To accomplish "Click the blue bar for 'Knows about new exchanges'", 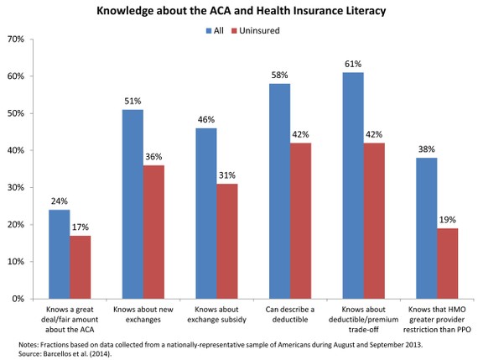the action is pos(132,204).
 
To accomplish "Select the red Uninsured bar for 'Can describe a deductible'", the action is pos(300,221).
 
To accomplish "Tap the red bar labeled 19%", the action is pos(447,263).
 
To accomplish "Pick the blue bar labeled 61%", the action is pos(353,185).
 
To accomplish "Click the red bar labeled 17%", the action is pos(81,267).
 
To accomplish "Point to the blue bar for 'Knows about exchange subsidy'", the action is pos(206,213).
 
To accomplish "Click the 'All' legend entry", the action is pos(215,30).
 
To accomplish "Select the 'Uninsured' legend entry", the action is pos(256,30).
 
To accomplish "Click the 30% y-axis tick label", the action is pos(16,187).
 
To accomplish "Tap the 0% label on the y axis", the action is pos(18,299).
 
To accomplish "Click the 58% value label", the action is pos(279,75).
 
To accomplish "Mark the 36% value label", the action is pos(153,157).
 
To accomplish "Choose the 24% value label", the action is pos(60,201).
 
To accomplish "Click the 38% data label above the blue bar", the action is pos(427,149).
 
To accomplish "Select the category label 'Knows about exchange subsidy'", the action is pos(216,315).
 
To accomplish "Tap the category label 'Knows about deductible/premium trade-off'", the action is pos(363,320).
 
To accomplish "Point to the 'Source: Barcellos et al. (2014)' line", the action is pos(65,354).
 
